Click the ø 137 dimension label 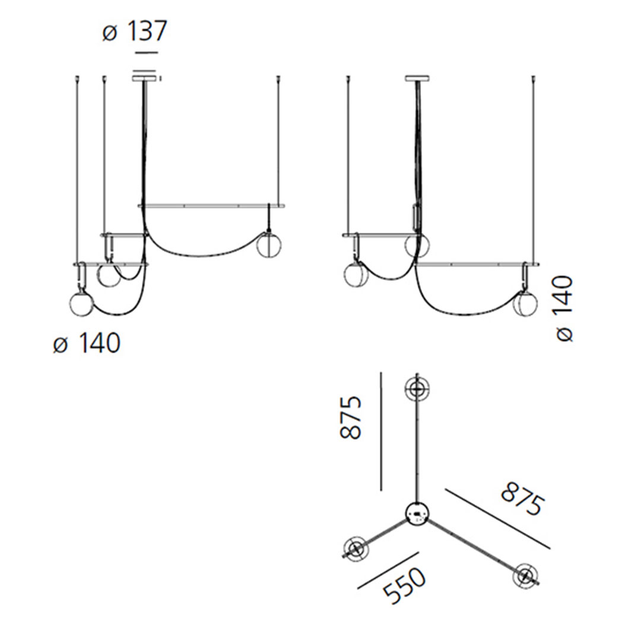[135, 31]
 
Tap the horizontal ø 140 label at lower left [87, 344]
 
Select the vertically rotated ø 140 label [564, 309]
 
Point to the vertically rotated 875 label [351, 417]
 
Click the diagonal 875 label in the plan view [523, 499]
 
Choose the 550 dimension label [405, 586]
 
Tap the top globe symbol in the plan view [417, 389]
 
